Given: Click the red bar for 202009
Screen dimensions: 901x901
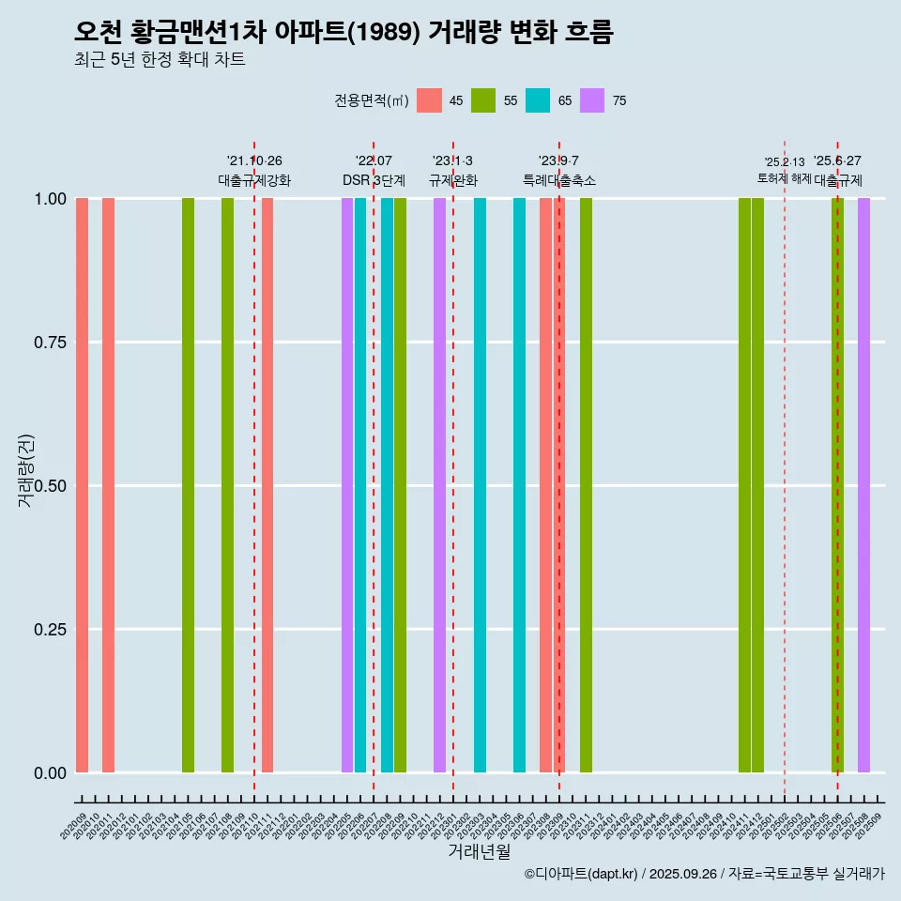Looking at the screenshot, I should (x=82, y=485).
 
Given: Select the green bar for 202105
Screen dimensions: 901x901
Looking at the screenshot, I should (x=188, y=485).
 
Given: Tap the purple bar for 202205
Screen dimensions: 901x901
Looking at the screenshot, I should (x=347, y=485).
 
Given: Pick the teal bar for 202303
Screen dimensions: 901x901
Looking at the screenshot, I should (x=480, y=485).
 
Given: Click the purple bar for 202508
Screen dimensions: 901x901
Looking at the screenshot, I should (x=863, y=485).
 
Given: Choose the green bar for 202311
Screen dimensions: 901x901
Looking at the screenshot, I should (x=586, y=485).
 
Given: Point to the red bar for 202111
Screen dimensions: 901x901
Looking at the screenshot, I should (x=267, y=485).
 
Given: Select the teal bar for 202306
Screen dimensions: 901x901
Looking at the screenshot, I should (x=519, y=485).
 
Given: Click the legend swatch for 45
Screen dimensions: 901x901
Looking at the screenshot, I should (x=429, y=100).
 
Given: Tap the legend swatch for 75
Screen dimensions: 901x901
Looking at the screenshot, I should (x=592, y=100).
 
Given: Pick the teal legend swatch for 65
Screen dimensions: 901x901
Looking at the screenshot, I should (x=538, y=100).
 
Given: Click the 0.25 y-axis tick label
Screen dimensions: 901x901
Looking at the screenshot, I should (x=50, y=630).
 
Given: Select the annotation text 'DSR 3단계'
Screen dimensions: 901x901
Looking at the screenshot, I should (x=374, y=180).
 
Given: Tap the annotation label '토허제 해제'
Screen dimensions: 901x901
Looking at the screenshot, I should (x=784, y=178).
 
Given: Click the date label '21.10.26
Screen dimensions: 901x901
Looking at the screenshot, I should (x=254, y=160).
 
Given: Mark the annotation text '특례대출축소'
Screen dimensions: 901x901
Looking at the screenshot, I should (x=559, y=180).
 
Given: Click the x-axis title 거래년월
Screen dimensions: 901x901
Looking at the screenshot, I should (x=480, y=851).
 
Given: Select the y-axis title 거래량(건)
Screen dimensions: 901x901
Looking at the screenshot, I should (x=25, y=470).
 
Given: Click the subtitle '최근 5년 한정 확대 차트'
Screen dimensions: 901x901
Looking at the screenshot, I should (x=160, y=60).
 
